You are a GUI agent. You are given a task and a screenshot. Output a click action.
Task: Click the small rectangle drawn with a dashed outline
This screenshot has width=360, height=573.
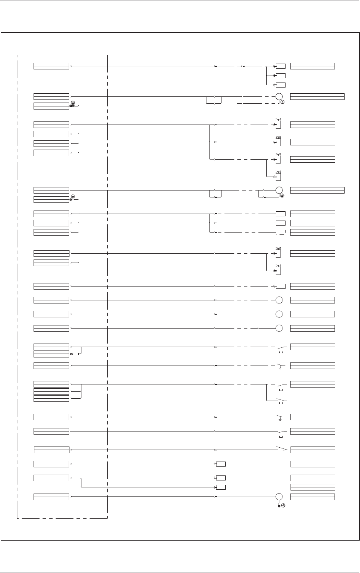281,232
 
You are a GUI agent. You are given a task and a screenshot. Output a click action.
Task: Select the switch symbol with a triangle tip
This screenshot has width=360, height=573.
282,449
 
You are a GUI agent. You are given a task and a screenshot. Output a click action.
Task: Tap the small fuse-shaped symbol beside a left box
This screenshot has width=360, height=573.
76,354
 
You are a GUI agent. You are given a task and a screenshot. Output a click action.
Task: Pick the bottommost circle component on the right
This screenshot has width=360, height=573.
279,497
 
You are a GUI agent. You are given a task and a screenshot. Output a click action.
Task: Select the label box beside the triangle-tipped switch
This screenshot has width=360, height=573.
313,450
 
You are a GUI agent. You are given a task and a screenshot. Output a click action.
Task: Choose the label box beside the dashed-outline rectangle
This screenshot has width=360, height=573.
313,232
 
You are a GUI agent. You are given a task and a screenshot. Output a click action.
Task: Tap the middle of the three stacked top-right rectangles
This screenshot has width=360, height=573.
281,76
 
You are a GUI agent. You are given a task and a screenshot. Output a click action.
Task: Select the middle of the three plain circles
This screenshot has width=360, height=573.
279,314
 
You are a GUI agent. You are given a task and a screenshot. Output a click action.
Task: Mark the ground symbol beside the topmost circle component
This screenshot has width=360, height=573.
282,101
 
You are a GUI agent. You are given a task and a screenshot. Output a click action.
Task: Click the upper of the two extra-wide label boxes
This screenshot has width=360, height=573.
317,96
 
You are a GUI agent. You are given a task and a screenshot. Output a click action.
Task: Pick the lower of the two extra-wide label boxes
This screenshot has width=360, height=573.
317,190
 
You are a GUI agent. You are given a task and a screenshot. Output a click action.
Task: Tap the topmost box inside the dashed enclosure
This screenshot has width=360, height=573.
51,66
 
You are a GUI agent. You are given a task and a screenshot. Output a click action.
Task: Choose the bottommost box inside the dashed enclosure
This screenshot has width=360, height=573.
51,496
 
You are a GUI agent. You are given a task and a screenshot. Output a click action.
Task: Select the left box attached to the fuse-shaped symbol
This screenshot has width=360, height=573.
51,354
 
